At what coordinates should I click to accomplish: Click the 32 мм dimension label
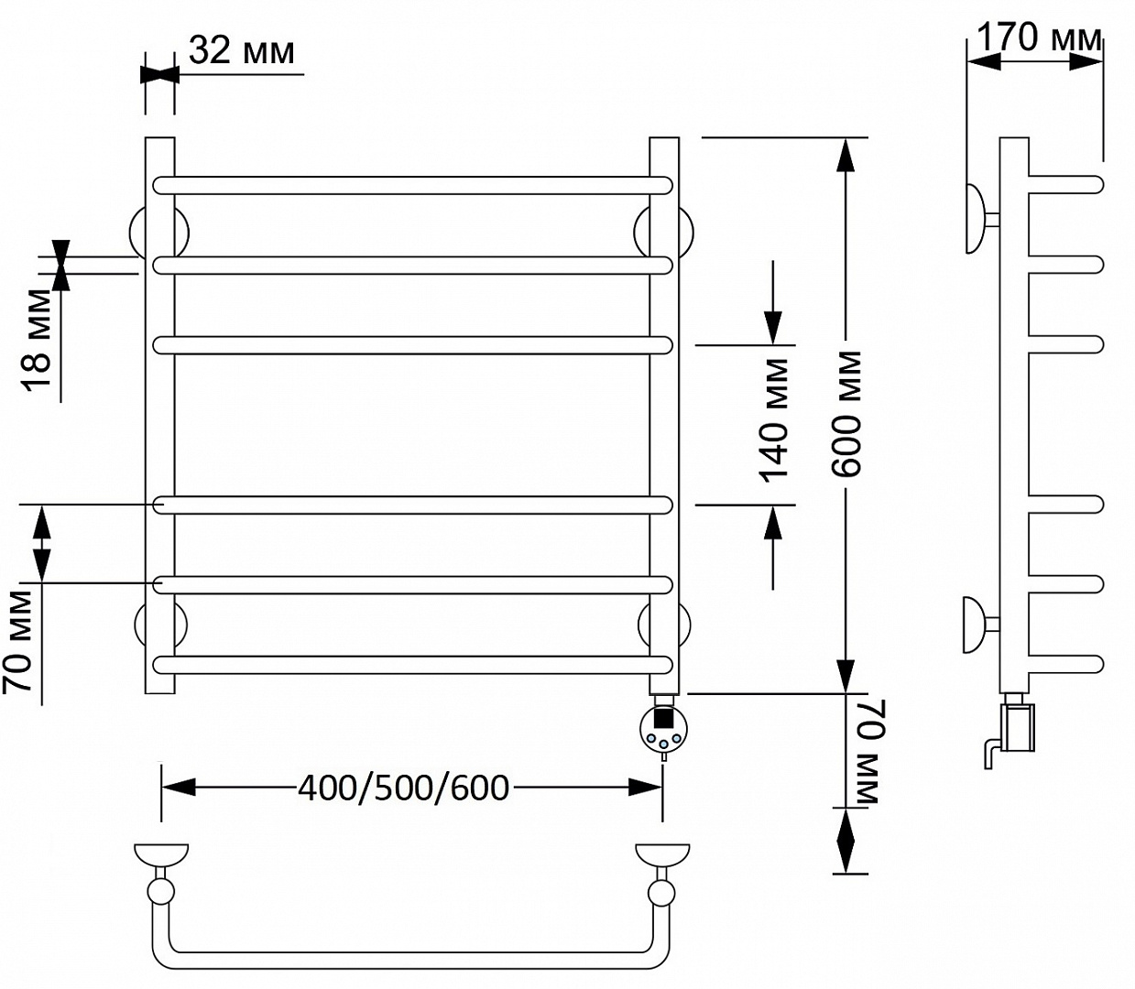(241, 50)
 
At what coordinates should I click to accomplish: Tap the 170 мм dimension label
(1039, 38)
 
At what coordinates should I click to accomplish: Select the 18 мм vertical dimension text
(38, 340)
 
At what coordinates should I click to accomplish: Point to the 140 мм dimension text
(773, 420)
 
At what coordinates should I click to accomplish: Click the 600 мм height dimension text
(846, 414)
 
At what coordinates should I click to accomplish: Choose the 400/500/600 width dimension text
(403, 788)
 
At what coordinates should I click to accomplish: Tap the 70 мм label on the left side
(16, 641)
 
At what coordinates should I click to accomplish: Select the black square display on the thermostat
(663, 720)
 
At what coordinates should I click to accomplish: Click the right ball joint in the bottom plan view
(661, 893)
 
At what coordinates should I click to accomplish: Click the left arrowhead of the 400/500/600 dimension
(178, 787)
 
